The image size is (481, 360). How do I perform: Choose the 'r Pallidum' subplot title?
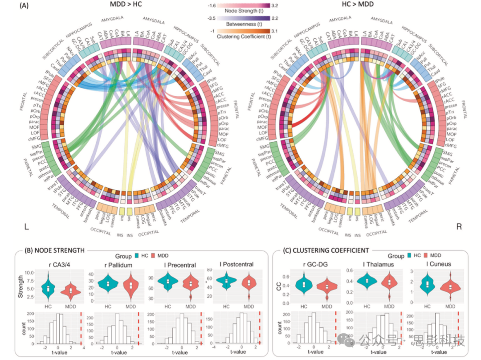pos(116,264)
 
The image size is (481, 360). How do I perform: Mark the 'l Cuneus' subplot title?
pos(426,264)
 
